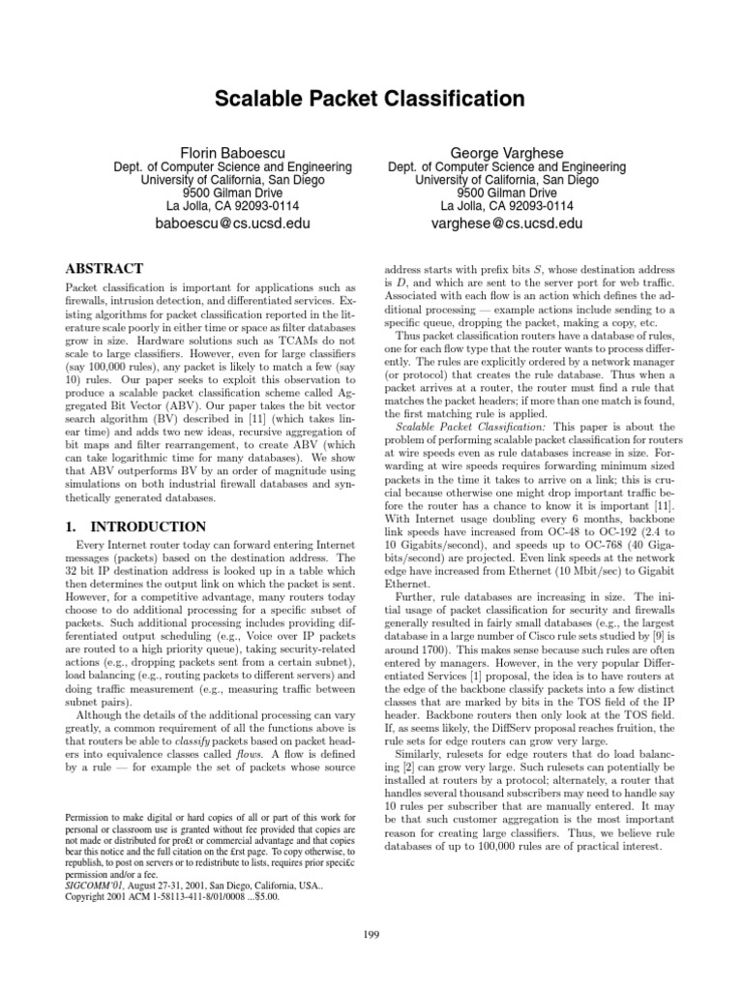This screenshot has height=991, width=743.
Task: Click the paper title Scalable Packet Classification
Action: (371, 99)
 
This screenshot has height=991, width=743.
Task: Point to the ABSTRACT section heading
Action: (104, 268)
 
